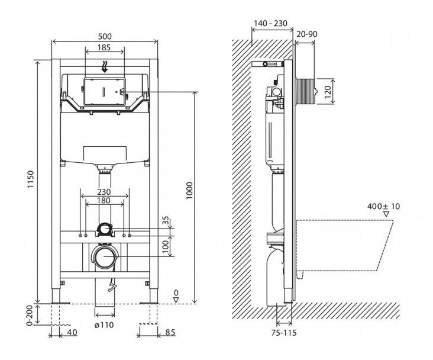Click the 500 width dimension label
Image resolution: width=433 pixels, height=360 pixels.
pyautogui.click(x=105, y=36)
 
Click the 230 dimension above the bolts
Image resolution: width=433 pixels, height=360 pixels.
pyautogui.click(x=104, y=192)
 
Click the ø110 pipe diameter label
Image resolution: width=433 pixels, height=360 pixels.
pyautogui.click(x=104, y=324)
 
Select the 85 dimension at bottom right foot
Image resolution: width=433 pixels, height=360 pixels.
pyautogui.click(x=170, y=332)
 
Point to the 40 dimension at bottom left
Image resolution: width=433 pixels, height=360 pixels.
pyautogui.click(x=71, y=332)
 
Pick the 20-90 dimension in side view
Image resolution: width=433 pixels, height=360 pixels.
pyautogui.click(x=307, y=34)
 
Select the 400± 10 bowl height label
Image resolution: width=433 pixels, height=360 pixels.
pyautogui.click(x=383, y=206)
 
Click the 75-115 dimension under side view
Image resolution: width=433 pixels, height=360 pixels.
pyautogui.click(x=285, y=333)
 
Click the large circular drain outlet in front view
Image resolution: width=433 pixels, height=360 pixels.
pyautogui.click(x=105, y=258)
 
